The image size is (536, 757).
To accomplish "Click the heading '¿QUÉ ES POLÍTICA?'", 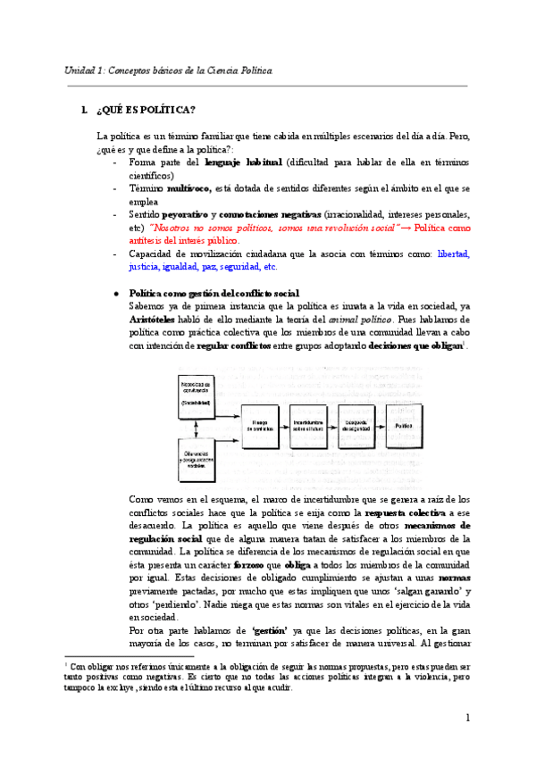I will coord(144,110).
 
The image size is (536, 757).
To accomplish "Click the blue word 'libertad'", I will coord(452,254).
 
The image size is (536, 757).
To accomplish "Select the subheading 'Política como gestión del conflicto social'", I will coord(214,294).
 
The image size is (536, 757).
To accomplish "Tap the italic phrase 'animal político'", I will coord(334,320).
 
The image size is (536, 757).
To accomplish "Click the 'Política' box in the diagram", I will coord(404,427).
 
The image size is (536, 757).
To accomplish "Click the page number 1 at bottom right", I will coord(467,719).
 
